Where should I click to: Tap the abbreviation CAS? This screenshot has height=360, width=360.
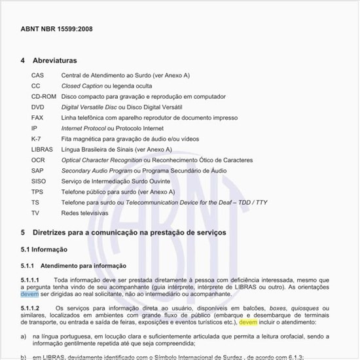point(37,75)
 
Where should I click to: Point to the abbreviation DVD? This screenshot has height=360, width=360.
point(38,107)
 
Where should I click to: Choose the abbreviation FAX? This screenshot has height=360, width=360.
point(37,117)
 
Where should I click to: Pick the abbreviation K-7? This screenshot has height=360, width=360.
point(37,139)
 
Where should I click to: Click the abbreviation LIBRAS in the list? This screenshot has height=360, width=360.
point(42,149)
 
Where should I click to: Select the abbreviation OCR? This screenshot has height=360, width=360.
point(38,160)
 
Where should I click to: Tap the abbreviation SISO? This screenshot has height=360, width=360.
point(39,181)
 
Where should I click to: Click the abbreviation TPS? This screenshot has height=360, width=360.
point(37,192)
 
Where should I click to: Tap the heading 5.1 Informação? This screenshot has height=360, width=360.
point(44,249)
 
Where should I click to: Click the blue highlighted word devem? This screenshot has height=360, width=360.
point(29,295)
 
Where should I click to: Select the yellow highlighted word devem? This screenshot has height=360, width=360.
point(248,322)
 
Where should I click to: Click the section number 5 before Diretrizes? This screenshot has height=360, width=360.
point(23,232)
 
